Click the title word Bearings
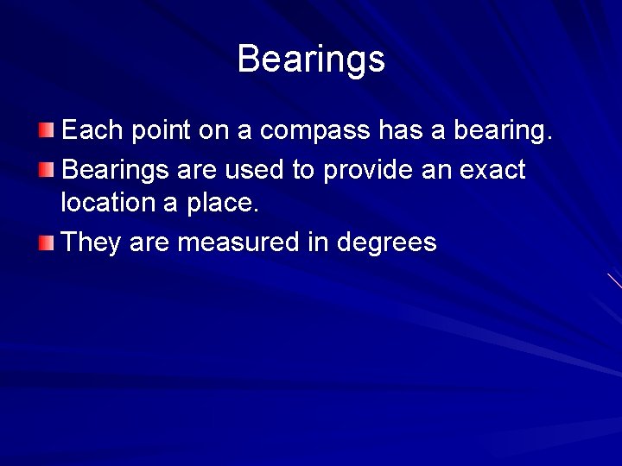311,59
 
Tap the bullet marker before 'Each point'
46,130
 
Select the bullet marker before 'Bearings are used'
46,169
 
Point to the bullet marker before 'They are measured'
46,242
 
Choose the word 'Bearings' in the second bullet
116,170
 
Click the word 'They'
92,242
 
